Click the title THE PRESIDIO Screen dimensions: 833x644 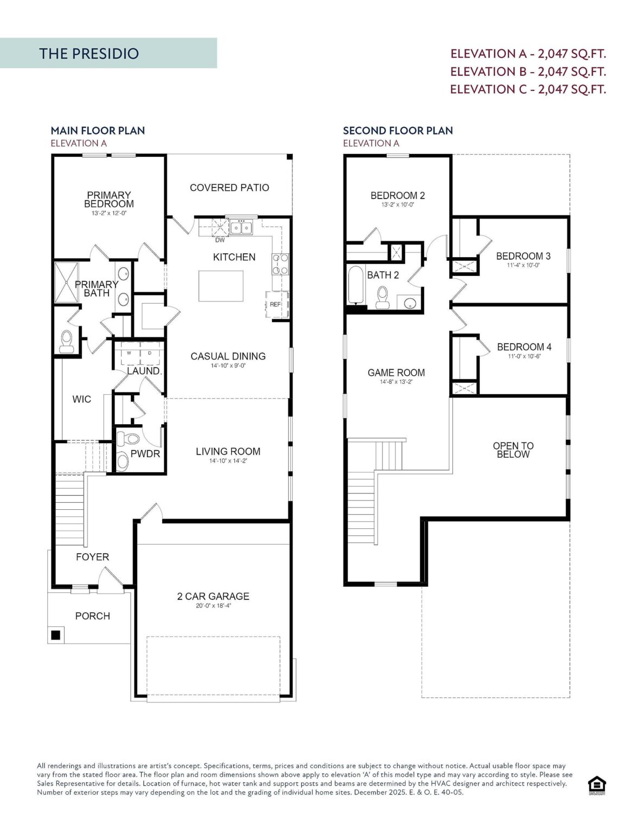tap(89, 53)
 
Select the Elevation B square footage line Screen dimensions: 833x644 tap(528, 72)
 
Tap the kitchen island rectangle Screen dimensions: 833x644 tap(220, 286)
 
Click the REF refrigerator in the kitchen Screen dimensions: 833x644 tap(276, 304)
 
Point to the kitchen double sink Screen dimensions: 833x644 tap(241, 227)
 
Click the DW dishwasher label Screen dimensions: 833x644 tap(220, 240)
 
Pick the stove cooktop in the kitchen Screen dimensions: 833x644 tap(280, 265)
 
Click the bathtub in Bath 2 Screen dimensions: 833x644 tap(356, 285)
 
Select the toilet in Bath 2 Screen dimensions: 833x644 tap(383, 297)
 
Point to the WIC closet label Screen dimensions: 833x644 tap(82, 399)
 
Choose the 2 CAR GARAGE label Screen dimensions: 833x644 tap(213, 596)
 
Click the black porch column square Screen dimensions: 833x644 tap(55, 635)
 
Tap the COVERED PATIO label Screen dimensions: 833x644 tap(229, 188)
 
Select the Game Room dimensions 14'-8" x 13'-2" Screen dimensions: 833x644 tap(396, 382)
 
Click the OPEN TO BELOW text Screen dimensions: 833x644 tap(513, 450)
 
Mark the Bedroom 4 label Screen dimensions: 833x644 tap(524, 347)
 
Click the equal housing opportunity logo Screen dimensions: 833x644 tap(596, 785)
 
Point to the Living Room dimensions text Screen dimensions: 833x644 tap(228, 461)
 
